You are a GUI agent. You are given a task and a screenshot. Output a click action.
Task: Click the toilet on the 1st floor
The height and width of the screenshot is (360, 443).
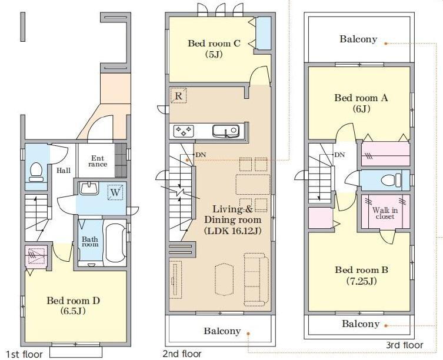[x=36, y=172]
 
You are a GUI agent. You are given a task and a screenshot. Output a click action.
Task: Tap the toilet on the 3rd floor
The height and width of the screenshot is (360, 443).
[x=391, y=180]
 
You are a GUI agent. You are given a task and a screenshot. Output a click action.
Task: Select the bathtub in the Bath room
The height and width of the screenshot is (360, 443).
[x=115, y=244]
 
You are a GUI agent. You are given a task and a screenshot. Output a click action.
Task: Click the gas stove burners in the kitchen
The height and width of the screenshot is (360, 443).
[x=184, y=131]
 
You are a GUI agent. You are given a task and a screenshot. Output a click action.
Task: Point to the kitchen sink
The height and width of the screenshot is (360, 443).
[x=226, y=131]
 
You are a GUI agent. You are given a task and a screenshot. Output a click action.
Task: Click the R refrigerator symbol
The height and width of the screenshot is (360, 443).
[x=179, y=96]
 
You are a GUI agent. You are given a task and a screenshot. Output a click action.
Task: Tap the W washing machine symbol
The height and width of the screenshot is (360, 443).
[x=115, y=192]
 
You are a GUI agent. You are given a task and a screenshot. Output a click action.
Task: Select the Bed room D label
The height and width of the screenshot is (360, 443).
[x=73, y=305]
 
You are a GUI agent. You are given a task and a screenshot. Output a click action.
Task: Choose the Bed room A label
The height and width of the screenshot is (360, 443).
[x=361, y=103]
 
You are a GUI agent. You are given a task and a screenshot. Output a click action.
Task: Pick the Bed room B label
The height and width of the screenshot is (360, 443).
[x=361, y=275]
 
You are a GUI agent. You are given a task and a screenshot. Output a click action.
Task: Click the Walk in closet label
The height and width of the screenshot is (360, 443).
[x=385, y=214]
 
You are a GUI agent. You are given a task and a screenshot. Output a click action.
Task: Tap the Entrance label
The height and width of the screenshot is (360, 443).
[x=98, y=161]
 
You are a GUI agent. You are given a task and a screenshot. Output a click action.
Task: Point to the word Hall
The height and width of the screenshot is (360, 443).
[x=64, y=171]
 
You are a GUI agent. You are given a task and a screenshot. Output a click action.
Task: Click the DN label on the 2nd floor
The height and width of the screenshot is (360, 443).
[x=201, y=155]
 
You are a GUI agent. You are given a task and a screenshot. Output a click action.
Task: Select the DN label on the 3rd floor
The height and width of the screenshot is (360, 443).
[x=339, y=155]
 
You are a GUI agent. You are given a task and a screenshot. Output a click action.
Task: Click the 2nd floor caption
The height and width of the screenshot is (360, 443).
[x=182, y=354]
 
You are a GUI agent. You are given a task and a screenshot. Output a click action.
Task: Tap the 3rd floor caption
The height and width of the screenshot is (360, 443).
[x=405, y=345]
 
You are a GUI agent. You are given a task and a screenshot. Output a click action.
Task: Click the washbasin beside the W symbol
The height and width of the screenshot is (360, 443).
[x=89, y=188]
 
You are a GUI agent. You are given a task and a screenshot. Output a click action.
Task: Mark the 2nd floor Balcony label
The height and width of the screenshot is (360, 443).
[x=222, y=331]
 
